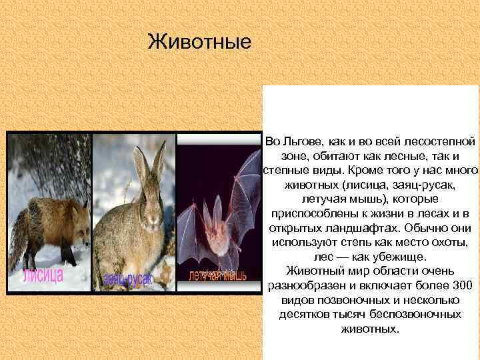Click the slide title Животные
point(199,41)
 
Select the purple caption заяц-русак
point(127,279)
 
